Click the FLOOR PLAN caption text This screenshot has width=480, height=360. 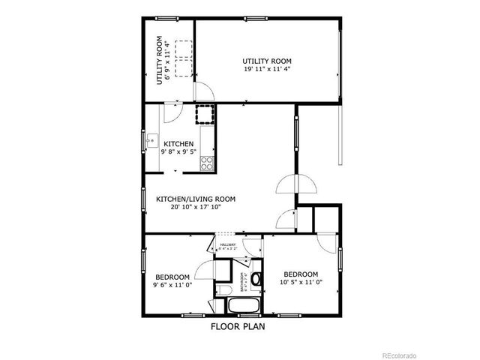click(x=238, y=326)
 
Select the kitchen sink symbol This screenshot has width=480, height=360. click(x=151, y=139)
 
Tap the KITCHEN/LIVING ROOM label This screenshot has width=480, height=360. click(x=196, y=199)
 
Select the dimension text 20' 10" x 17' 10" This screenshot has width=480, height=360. click(x=196, y=208)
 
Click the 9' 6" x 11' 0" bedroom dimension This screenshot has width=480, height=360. click(x=173, y=285)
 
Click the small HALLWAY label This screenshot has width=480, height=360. click(x=228, y=244)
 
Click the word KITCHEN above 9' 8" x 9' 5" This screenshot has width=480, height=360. click(x=178, y=144)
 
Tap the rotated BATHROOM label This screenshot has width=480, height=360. click(x=242, y=280)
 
